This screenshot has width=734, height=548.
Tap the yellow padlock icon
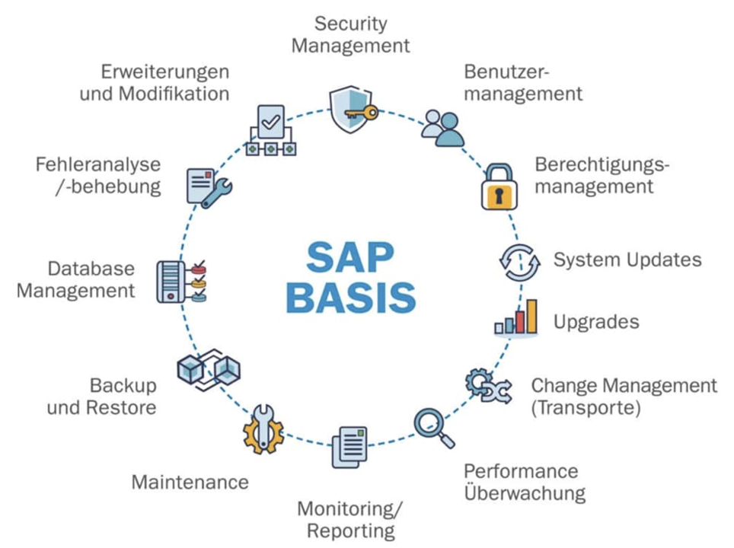point(499,186)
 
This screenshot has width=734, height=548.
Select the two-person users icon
point(443,129)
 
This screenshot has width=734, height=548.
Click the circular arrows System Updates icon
point(519,263)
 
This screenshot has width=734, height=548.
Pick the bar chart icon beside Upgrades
point(516,317)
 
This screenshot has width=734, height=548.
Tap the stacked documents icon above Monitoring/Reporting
point(349,447)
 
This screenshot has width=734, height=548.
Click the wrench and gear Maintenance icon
point(263,429)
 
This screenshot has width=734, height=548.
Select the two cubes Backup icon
point(209,370)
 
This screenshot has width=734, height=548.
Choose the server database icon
point(181,282)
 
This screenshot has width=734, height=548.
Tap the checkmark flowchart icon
point(271,130)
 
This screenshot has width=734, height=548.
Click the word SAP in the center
point(350,257)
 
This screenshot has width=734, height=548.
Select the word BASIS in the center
point(350,297)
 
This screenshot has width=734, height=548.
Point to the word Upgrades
point(596,323)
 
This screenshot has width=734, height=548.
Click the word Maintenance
point(190,482)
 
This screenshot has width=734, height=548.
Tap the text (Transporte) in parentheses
point(586,408)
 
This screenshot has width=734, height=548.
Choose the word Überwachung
point(525,492)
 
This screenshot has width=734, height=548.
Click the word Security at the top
point(350,24)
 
